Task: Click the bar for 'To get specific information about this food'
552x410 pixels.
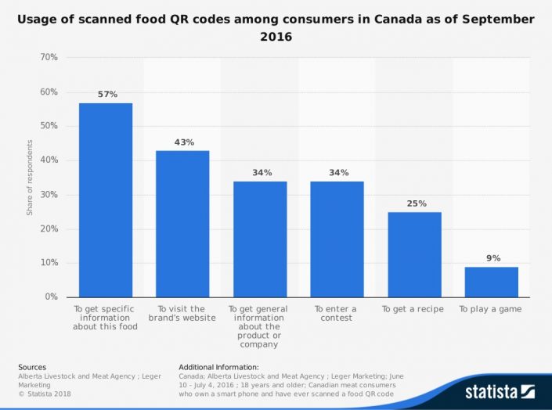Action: pos(106,200)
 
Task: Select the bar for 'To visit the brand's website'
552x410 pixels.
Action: pos(182,224)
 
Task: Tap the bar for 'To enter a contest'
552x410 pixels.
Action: pos(337,239)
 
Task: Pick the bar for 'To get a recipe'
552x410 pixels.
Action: pos(414,254)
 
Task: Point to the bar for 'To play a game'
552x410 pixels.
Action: pos(491,282)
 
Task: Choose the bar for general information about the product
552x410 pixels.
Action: pos(260,239)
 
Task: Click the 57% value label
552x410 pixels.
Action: pos(106,95)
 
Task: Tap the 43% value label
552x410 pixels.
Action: pos(183,142)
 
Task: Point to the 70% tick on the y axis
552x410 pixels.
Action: pos(49,58)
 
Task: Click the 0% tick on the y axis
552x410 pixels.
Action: pos(51,297)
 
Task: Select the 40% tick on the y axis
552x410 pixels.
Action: pos(49,160)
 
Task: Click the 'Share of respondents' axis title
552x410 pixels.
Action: pos(30,178)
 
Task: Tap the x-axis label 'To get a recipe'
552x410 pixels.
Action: pos(413,309)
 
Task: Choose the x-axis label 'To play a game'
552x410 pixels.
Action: pos(490,309)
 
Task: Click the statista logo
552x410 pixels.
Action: pos(498,390)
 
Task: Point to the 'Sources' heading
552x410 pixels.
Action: pos(31,367)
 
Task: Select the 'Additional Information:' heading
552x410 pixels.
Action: pos(218,367)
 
